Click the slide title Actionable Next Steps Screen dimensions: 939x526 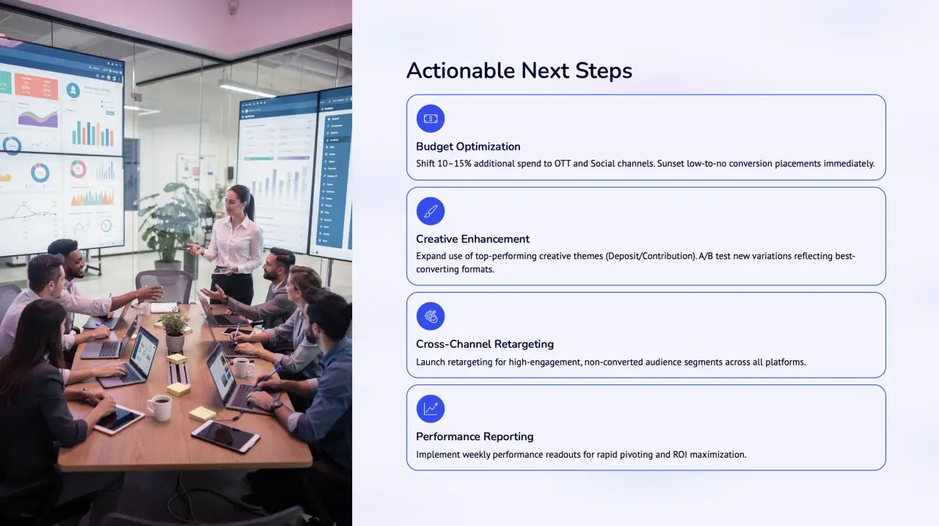pos(519,70)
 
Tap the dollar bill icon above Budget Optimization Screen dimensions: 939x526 pos(431,119)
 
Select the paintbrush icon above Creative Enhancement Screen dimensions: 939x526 pos(431,211)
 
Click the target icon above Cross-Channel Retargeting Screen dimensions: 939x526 pos(431,316)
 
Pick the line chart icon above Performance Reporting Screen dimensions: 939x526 pos(431,409)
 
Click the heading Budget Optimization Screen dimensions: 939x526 pos(468,147)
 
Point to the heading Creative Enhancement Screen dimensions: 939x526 pos(473,239)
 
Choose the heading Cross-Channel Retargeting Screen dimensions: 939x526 pos(485,344)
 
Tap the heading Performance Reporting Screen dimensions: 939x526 pos(475,436)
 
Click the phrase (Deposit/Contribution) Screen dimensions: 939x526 pos(651,256)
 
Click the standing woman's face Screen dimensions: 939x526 pos(233,203)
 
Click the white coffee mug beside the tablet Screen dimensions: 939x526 pos(159,407)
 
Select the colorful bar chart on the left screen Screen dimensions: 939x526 pos(92,134)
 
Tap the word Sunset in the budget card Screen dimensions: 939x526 pos(671,164)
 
